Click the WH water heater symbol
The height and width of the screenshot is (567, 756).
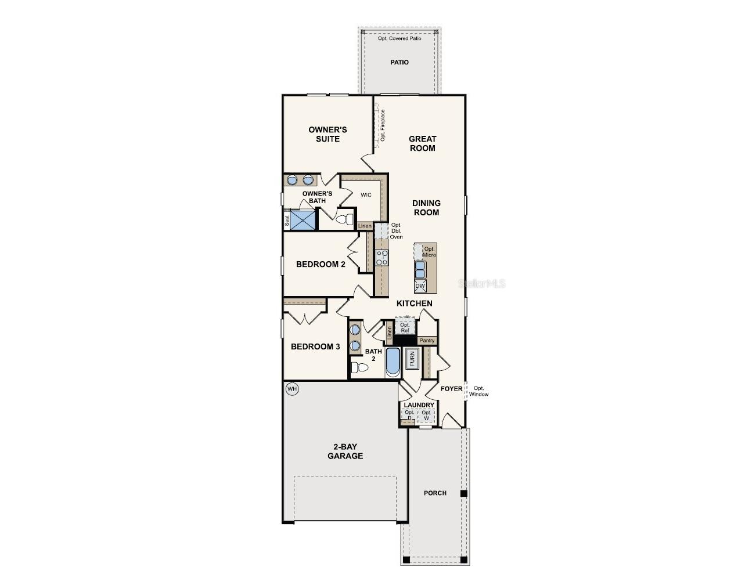click(291, 389)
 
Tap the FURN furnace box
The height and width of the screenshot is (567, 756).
click(412, 359)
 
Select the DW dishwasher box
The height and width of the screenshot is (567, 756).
click(420, 286)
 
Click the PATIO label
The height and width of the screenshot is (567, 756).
click(399, 62)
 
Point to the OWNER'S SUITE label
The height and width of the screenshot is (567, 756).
click(327, 134)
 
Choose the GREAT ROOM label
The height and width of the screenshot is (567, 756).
click(422, 143)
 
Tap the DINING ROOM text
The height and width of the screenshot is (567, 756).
click(426, 208)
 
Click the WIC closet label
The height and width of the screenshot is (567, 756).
click(366, 195)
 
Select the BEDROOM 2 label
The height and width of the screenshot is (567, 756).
click(321, 264)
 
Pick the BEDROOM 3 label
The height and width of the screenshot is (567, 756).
click(315, 346)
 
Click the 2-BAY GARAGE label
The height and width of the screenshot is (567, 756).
click(345, 452)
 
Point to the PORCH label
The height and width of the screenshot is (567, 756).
click(435, 493)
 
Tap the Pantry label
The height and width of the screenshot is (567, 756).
click(427, 341)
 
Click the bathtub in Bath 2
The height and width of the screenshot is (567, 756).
click(393, 362)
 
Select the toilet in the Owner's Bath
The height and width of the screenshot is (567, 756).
click(345, 219)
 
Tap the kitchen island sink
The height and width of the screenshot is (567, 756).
click(420, 269)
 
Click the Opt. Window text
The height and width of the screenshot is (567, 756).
click(479, 391)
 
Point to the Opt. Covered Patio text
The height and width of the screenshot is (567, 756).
click(399, 38)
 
